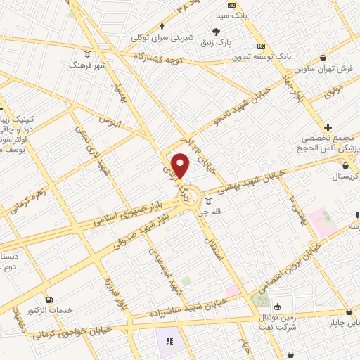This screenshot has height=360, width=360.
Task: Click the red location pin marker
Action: point(181,165)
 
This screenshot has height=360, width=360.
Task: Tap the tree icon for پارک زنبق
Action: point(216,31)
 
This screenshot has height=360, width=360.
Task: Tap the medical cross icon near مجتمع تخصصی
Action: point(328,127)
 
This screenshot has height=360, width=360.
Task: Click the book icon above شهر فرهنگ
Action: point(87,53)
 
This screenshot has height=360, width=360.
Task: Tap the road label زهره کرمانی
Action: point(28,200)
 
